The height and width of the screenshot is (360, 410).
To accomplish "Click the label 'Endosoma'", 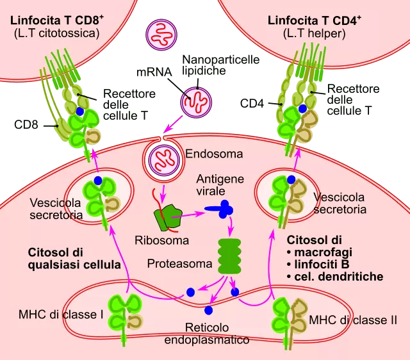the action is (214, 154).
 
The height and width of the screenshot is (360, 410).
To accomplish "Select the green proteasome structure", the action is (229, 256).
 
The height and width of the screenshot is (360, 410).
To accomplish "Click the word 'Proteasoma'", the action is (179, 263).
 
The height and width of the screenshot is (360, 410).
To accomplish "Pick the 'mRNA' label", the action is (154, 72).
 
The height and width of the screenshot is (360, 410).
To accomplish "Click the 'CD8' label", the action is (26, 125).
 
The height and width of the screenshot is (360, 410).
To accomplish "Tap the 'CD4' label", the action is (252, 104).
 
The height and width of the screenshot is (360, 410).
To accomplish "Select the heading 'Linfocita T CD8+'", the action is (57, 20).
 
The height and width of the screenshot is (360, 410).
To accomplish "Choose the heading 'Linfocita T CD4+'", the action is (315, 20).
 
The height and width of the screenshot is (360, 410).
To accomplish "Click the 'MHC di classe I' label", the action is (61, 315).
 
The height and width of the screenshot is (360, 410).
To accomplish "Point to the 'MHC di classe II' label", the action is (353, 320).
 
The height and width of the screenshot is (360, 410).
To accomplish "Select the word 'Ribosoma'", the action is (161, 240).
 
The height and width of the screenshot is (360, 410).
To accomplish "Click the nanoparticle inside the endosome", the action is (164, 160).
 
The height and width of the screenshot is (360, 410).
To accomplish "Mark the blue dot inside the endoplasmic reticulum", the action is (208, 310).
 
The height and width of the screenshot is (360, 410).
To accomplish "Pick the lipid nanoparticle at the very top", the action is (161, 35).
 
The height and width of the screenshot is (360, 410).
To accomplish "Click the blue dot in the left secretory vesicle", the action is (98, 181).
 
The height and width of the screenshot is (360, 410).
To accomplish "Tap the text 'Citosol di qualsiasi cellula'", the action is (74, 259).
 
